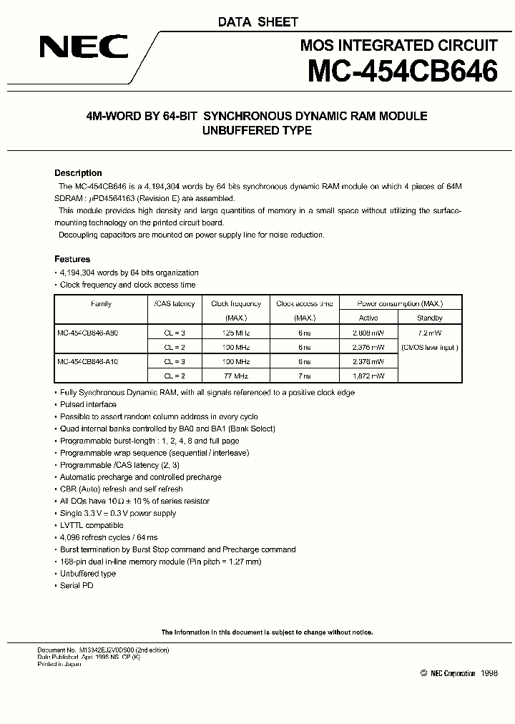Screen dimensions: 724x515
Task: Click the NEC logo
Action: (84, 49)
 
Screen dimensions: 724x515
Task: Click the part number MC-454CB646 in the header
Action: (401, 72)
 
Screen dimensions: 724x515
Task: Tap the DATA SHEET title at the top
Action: (257, 22)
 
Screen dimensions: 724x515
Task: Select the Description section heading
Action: (78, 173)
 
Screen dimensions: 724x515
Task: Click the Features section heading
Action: (72, 259)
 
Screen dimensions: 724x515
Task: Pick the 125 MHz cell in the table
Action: (236, 333)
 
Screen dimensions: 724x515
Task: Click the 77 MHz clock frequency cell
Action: (236, 376)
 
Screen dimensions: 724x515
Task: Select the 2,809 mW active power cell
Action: (368, 333)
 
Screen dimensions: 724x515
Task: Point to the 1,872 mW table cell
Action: (368, 376)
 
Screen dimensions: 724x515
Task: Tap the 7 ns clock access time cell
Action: (305, 376)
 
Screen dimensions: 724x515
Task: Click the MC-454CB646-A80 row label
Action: (88, 333)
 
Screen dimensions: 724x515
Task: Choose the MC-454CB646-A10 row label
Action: (88, 361)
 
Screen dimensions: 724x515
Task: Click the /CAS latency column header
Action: (175, 304)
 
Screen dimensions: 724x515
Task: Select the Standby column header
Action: (429, 318)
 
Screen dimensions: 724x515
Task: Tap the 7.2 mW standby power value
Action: (429, 333)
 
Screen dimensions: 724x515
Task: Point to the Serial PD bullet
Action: (77, 586)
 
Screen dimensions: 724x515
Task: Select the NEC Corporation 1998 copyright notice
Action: (458, 673)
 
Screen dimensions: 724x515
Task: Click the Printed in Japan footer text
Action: (59, 665)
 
